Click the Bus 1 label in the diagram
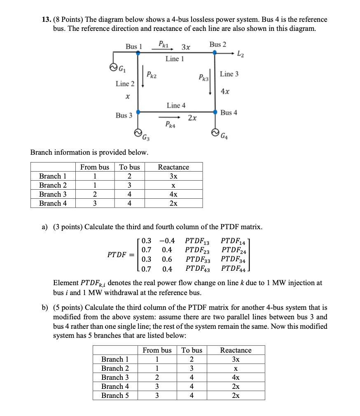click(133, 46)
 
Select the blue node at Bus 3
click(138, 112)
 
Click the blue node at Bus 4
click(215, 112)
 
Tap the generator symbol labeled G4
click(215, 132)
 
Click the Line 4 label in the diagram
click(176, 105)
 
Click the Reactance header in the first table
click(173, 167)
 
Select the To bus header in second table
click(192, 350)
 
